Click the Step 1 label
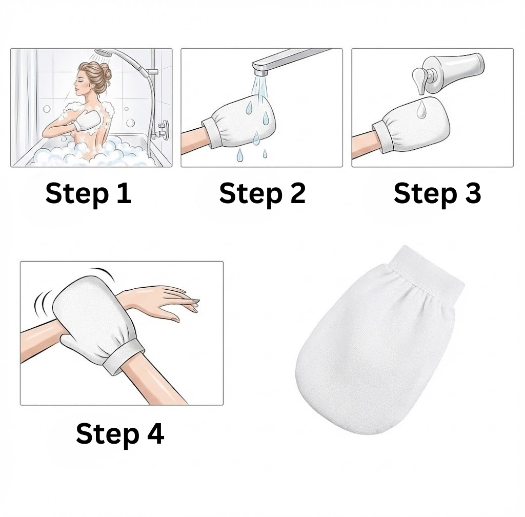[x=88, y=193]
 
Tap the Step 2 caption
[x=262, y=193]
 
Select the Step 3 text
[x=437, y=193]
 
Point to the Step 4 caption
[x=119, y=433]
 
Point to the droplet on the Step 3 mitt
[x=420, y=109]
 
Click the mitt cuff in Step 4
[x=123, y=360]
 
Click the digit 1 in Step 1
[x=124, y=193]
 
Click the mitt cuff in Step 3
[x=381, y=131]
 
